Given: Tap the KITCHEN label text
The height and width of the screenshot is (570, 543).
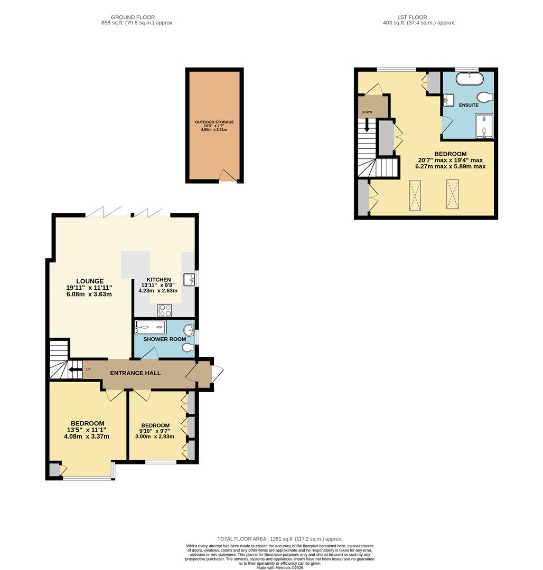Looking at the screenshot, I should click(158, 280).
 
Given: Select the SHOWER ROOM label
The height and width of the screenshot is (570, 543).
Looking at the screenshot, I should click(164, 339).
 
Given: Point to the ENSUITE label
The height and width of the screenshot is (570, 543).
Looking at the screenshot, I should click(468, 105).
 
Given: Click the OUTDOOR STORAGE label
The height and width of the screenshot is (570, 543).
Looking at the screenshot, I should click(214, 122).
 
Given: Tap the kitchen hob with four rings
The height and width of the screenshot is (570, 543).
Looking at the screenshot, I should click(164, 310).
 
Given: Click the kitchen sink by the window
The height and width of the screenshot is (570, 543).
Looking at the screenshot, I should click(189, 279).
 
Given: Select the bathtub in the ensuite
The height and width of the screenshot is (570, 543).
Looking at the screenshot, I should click(469, 80).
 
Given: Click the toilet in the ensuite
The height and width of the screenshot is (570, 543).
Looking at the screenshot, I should click(484, 97).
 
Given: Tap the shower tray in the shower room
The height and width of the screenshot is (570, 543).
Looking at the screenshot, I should click(151, 327).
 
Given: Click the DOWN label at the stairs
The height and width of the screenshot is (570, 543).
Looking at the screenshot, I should click(367, 112).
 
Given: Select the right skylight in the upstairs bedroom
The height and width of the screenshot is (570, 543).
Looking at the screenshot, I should click(452, 194).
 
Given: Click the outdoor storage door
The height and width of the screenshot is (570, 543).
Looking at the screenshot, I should click(228, 176).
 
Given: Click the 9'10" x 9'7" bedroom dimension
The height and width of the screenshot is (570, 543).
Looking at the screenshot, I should click(155, 432).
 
